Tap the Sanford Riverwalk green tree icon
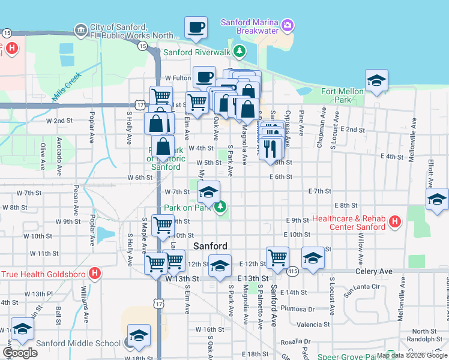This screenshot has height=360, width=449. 240,52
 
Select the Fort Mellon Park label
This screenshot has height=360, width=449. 342,95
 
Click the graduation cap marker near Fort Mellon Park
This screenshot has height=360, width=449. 376,81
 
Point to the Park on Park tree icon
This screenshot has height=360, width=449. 221,207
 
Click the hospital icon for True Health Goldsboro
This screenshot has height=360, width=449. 94,274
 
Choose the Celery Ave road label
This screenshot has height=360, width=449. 373,272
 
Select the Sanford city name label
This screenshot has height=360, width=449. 210,246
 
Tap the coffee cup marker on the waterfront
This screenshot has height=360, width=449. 196,28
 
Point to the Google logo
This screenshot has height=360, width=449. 20,353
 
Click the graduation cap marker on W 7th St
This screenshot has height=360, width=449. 208,193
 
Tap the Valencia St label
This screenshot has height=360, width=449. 309,325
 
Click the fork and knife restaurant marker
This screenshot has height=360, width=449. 271,148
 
